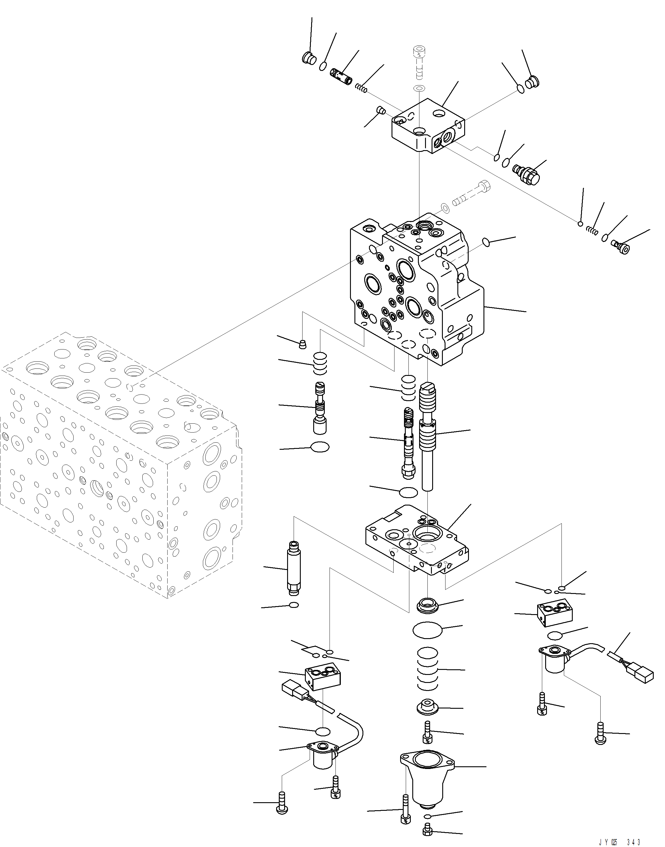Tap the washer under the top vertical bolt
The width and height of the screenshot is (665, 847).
tap(419, 88)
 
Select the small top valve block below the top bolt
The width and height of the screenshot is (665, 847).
tap(428, 127)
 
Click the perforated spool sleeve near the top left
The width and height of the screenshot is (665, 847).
tap(341, 76)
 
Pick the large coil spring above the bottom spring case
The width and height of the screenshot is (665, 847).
tap(427, 672)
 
